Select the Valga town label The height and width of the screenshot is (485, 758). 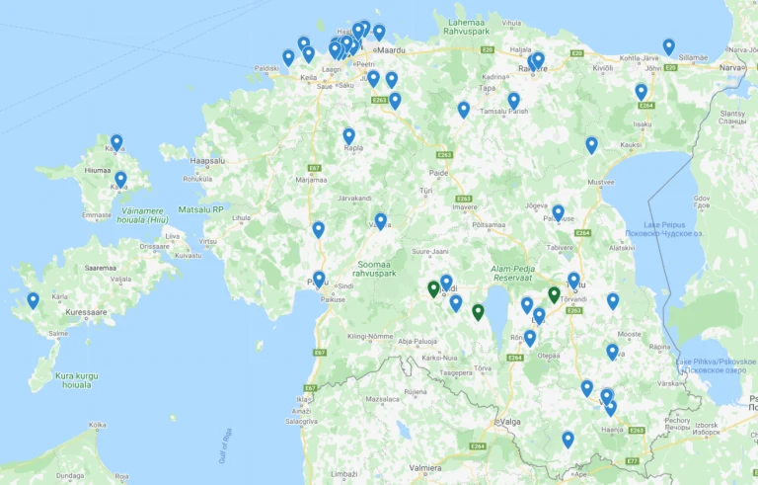point(510,422)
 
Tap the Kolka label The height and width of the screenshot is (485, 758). point(97,426)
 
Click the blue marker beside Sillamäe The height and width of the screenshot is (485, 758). point(668,45)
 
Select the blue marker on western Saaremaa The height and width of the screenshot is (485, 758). point(33,299)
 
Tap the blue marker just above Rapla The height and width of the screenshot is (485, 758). point(348,135)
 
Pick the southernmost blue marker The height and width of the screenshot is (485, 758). point(568,439)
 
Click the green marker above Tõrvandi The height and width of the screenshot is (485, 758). point(554,294)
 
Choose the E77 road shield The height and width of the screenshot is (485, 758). point(632,461)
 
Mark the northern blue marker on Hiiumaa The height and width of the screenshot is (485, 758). point(116,142)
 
